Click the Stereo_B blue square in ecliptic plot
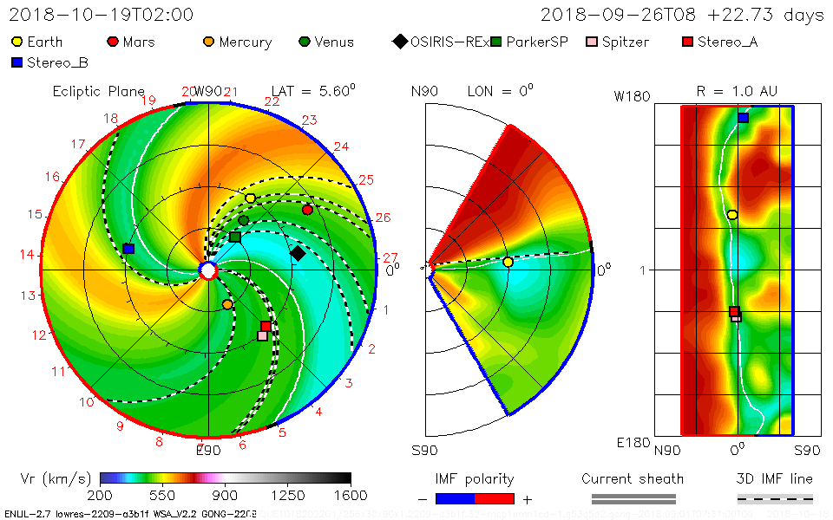128,249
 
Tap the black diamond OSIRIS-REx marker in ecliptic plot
298,253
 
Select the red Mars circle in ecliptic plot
307,210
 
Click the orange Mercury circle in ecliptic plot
227,304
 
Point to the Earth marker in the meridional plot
508,262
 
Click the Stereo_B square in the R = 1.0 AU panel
743,118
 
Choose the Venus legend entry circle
305,42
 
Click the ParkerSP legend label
537,42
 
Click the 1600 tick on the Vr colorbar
350,496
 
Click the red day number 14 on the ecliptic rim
27,255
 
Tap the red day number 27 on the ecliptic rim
390,257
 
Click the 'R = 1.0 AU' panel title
738,91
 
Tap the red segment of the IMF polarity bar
495,499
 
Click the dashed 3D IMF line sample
775,499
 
